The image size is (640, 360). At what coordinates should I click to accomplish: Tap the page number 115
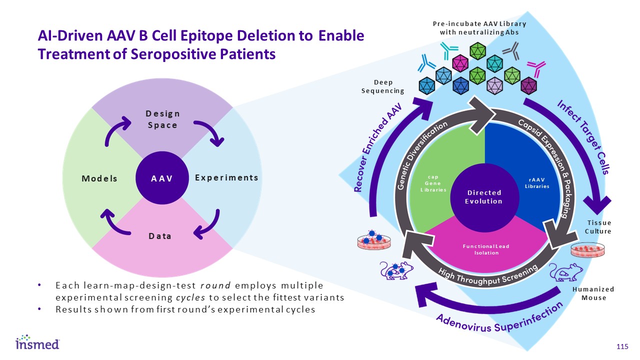click(622, 347)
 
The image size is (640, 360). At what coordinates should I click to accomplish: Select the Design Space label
click(163, 119)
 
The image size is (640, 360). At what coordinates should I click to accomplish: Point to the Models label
click(100, 178)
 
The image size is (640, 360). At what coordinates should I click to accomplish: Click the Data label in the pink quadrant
click(159, 236)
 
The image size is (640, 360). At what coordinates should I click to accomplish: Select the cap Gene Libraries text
click(433, 183)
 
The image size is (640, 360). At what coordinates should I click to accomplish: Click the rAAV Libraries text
click(536, 183)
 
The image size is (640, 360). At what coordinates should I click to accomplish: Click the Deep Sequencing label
click(382, 86)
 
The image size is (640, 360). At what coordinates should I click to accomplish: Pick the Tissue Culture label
click(599, 227)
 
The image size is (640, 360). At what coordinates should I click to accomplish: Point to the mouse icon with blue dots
click(397, 271)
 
